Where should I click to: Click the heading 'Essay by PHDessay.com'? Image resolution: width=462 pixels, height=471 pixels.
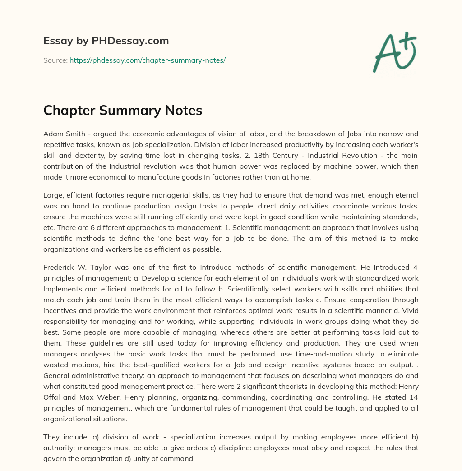tap(106, 41)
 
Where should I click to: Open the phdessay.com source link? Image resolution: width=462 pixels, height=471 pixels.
tap(148, 60)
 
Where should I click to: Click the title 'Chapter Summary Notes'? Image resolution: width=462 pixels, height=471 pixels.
tap(123, 111)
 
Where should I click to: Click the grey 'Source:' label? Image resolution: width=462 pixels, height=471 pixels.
tap(55, 60)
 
